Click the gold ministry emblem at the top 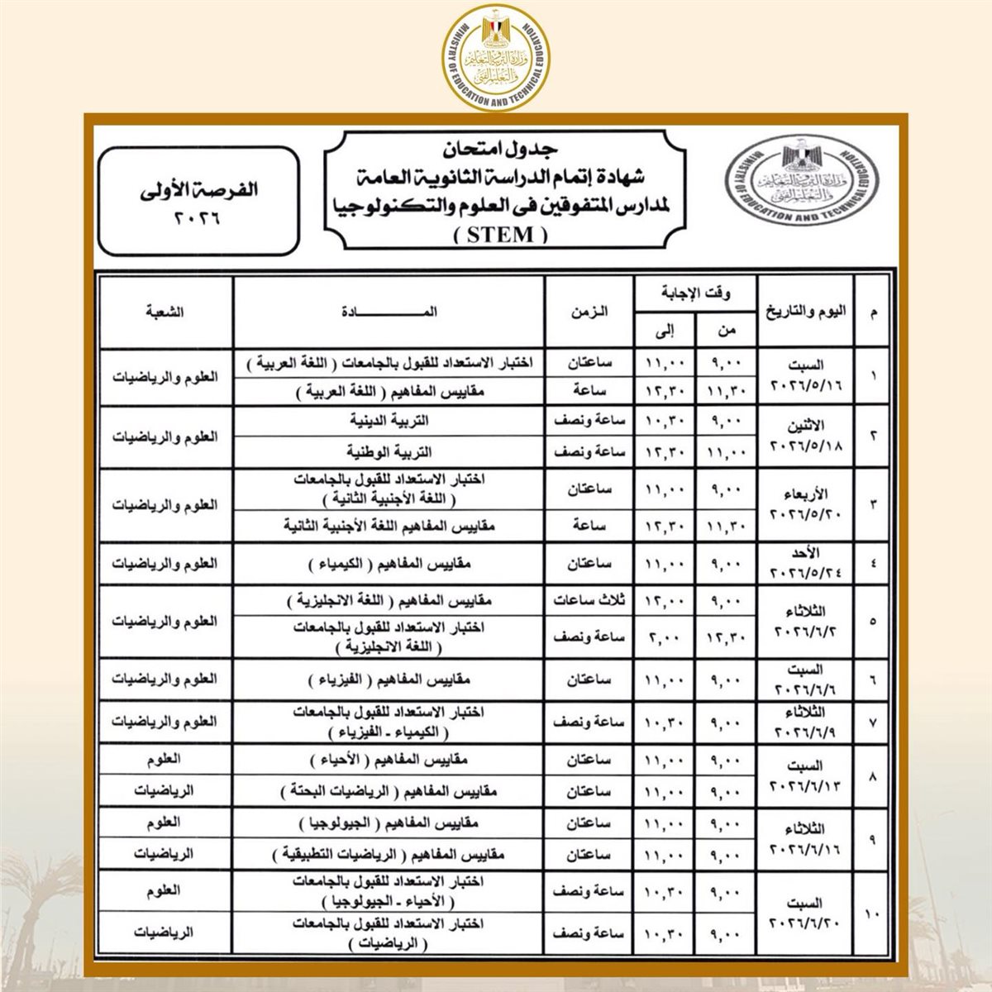[496, 55]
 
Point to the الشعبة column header [165, 312]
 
